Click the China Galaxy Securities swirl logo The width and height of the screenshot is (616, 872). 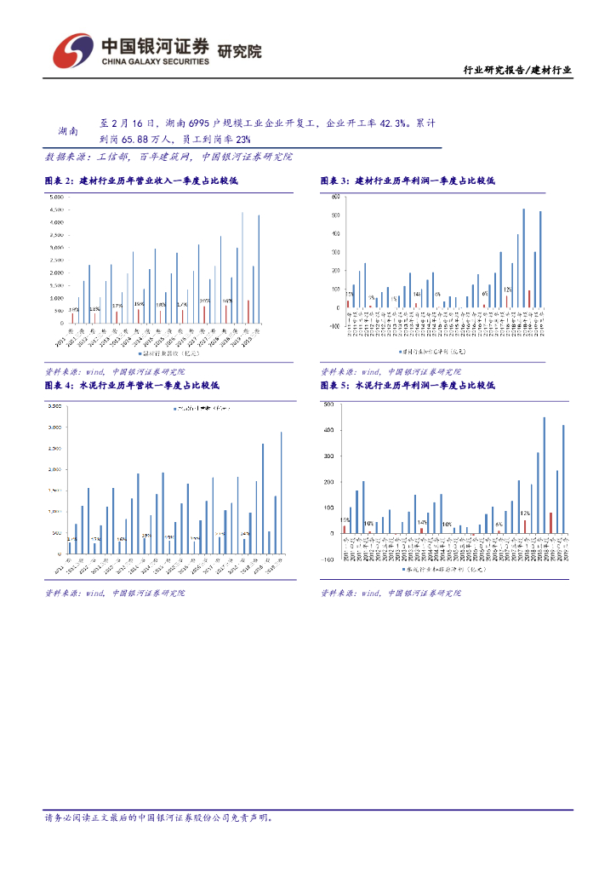point(72,51)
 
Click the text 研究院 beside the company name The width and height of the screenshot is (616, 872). point(240,51)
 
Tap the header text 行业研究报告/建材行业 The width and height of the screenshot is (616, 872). point(516,71)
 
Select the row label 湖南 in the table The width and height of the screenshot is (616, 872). point(68,131)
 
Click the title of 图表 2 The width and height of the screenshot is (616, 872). point(141,181)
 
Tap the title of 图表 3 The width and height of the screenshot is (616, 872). point(408,181)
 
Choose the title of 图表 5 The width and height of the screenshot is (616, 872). point(408,386)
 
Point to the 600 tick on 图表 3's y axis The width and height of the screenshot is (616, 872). point(334,197)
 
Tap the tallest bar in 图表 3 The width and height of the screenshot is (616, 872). point(523,257)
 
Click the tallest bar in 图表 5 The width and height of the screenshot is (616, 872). point(545,474)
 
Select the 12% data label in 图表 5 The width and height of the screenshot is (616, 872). point(526,513)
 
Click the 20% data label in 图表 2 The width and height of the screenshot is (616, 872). point(205,301)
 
